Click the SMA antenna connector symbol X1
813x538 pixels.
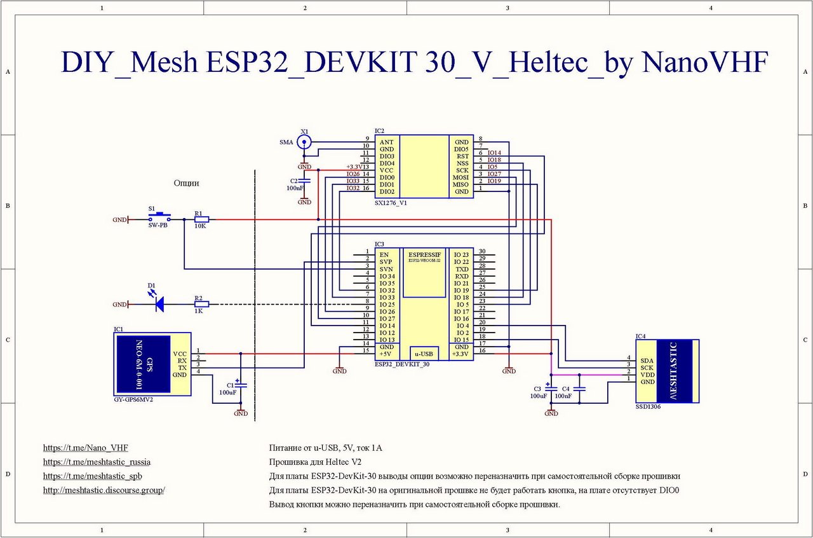305,142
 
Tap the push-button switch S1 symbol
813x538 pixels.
159,218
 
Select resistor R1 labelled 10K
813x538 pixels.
201,220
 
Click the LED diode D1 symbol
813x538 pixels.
159,305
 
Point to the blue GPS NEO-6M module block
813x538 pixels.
143,364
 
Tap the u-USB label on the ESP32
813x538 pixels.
424,354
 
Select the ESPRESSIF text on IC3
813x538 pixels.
424,254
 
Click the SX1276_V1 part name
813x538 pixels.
391,203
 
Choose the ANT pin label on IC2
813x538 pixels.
386,142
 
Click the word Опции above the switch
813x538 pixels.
186,183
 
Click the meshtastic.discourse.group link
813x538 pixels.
104,490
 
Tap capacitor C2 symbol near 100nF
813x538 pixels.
305,181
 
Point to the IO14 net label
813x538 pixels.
494,153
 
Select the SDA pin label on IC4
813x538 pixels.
647,360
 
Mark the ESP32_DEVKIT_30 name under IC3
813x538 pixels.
402,364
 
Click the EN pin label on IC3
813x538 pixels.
384,254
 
